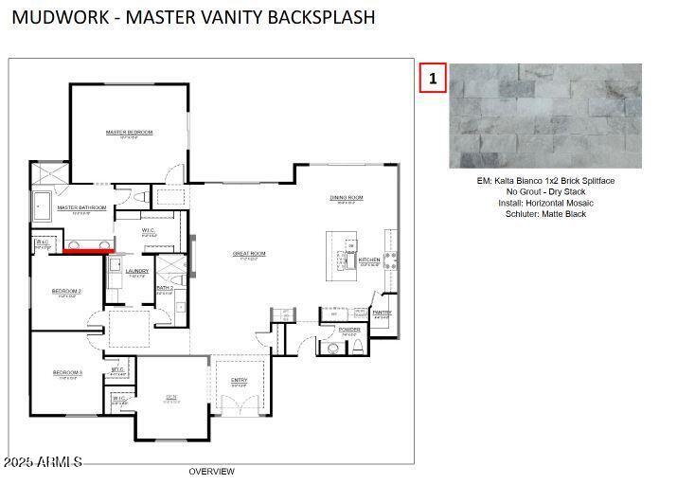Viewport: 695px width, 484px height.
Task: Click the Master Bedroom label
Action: point(129,133)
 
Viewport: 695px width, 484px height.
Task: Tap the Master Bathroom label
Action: point(81,207)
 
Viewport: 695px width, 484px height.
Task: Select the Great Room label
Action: point(250,254)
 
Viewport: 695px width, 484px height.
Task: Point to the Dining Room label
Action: point(347,198)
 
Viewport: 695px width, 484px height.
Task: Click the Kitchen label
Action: point(369,260)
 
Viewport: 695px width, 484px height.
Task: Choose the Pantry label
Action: point(382,313)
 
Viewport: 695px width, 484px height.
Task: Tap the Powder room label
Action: point(348,331)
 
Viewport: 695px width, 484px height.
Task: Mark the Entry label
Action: point(239,381)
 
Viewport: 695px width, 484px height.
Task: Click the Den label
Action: point(171,397)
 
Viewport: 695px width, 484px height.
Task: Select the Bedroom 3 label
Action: point(67,373)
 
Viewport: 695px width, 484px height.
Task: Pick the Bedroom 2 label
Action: point(66,291)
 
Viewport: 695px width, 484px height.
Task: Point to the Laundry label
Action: point(137,271)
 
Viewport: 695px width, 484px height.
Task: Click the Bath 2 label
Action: point(164,288)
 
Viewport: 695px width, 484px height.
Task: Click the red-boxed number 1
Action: point(433,79)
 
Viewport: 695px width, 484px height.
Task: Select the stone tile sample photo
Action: point(544,116)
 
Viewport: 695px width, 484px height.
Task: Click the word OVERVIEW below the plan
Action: point(211,472)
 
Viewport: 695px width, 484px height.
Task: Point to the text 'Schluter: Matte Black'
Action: point(545,214)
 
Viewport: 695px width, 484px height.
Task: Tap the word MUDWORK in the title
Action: point(59,17)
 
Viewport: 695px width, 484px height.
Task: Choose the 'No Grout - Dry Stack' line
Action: point(545,191)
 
